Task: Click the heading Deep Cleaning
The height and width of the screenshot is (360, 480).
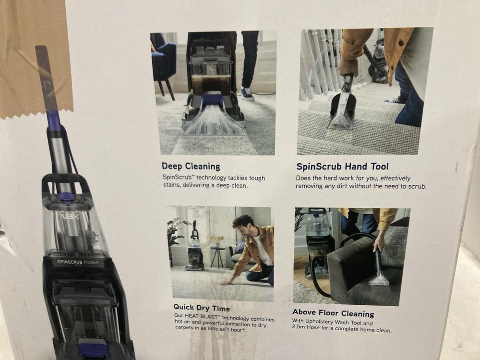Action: click(191, 167)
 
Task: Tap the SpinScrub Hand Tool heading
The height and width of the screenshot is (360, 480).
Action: click(342, 167)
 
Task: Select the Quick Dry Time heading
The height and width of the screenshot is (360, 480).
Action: click(202, 308)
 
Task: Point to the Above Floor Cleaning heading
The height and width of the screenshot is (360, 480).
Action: click(333, 314)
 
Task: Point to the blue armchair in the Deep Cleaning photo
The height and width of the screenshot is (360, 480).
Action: click(163, 60)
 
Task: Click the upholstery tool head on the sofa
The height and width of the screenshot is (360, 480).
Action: click(379, 278)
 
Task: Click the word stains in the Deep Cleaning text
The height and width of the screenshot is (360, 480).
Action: click(173, 186)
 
